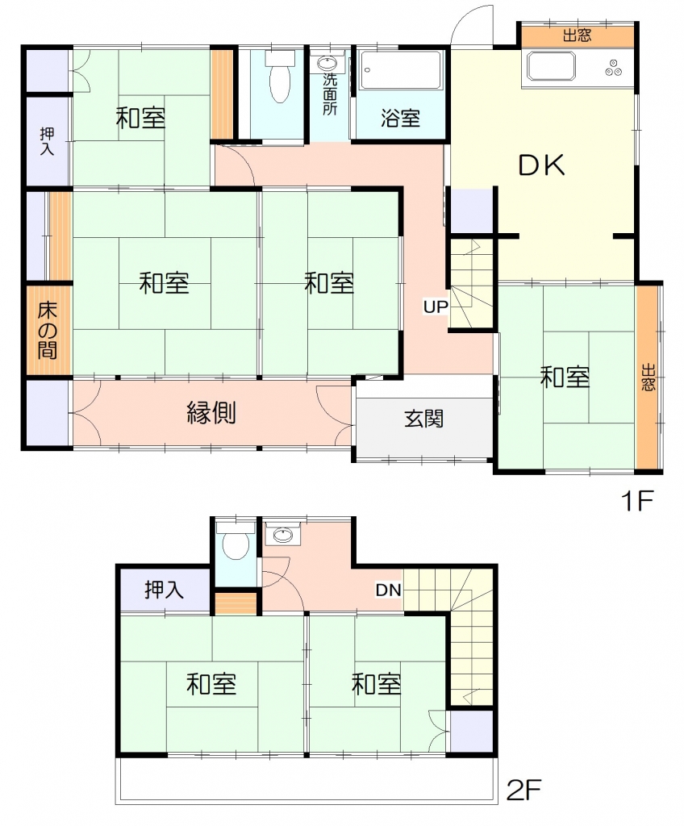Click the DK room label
click(x=542, y=165)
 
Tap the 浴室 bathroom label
click(x=401, y=118)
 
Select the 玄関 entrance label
click(x=424, y=419)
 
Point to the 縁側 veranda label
click(x=211, y=412)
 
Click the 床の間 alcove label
click(x=48, y=330)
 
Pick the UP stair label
click(x=436, y=307)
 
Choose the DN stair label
click(x=388, y=590)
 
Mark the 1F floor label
click(x=638, y=500)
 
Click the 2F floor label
click(x=523, y=789)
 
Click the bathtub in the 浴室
click(x=401, y=70)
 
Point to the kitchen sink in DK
click(x=551, y=67)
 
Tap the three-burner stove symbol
click(x=613, y=68)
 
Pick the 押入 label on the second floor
click(x=165, y=590)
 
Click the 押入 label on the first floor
click(x=47, y=141)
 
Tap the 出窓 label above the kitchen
click(x=578, y=35)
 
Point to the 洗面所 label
click(x=330, y=94)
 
